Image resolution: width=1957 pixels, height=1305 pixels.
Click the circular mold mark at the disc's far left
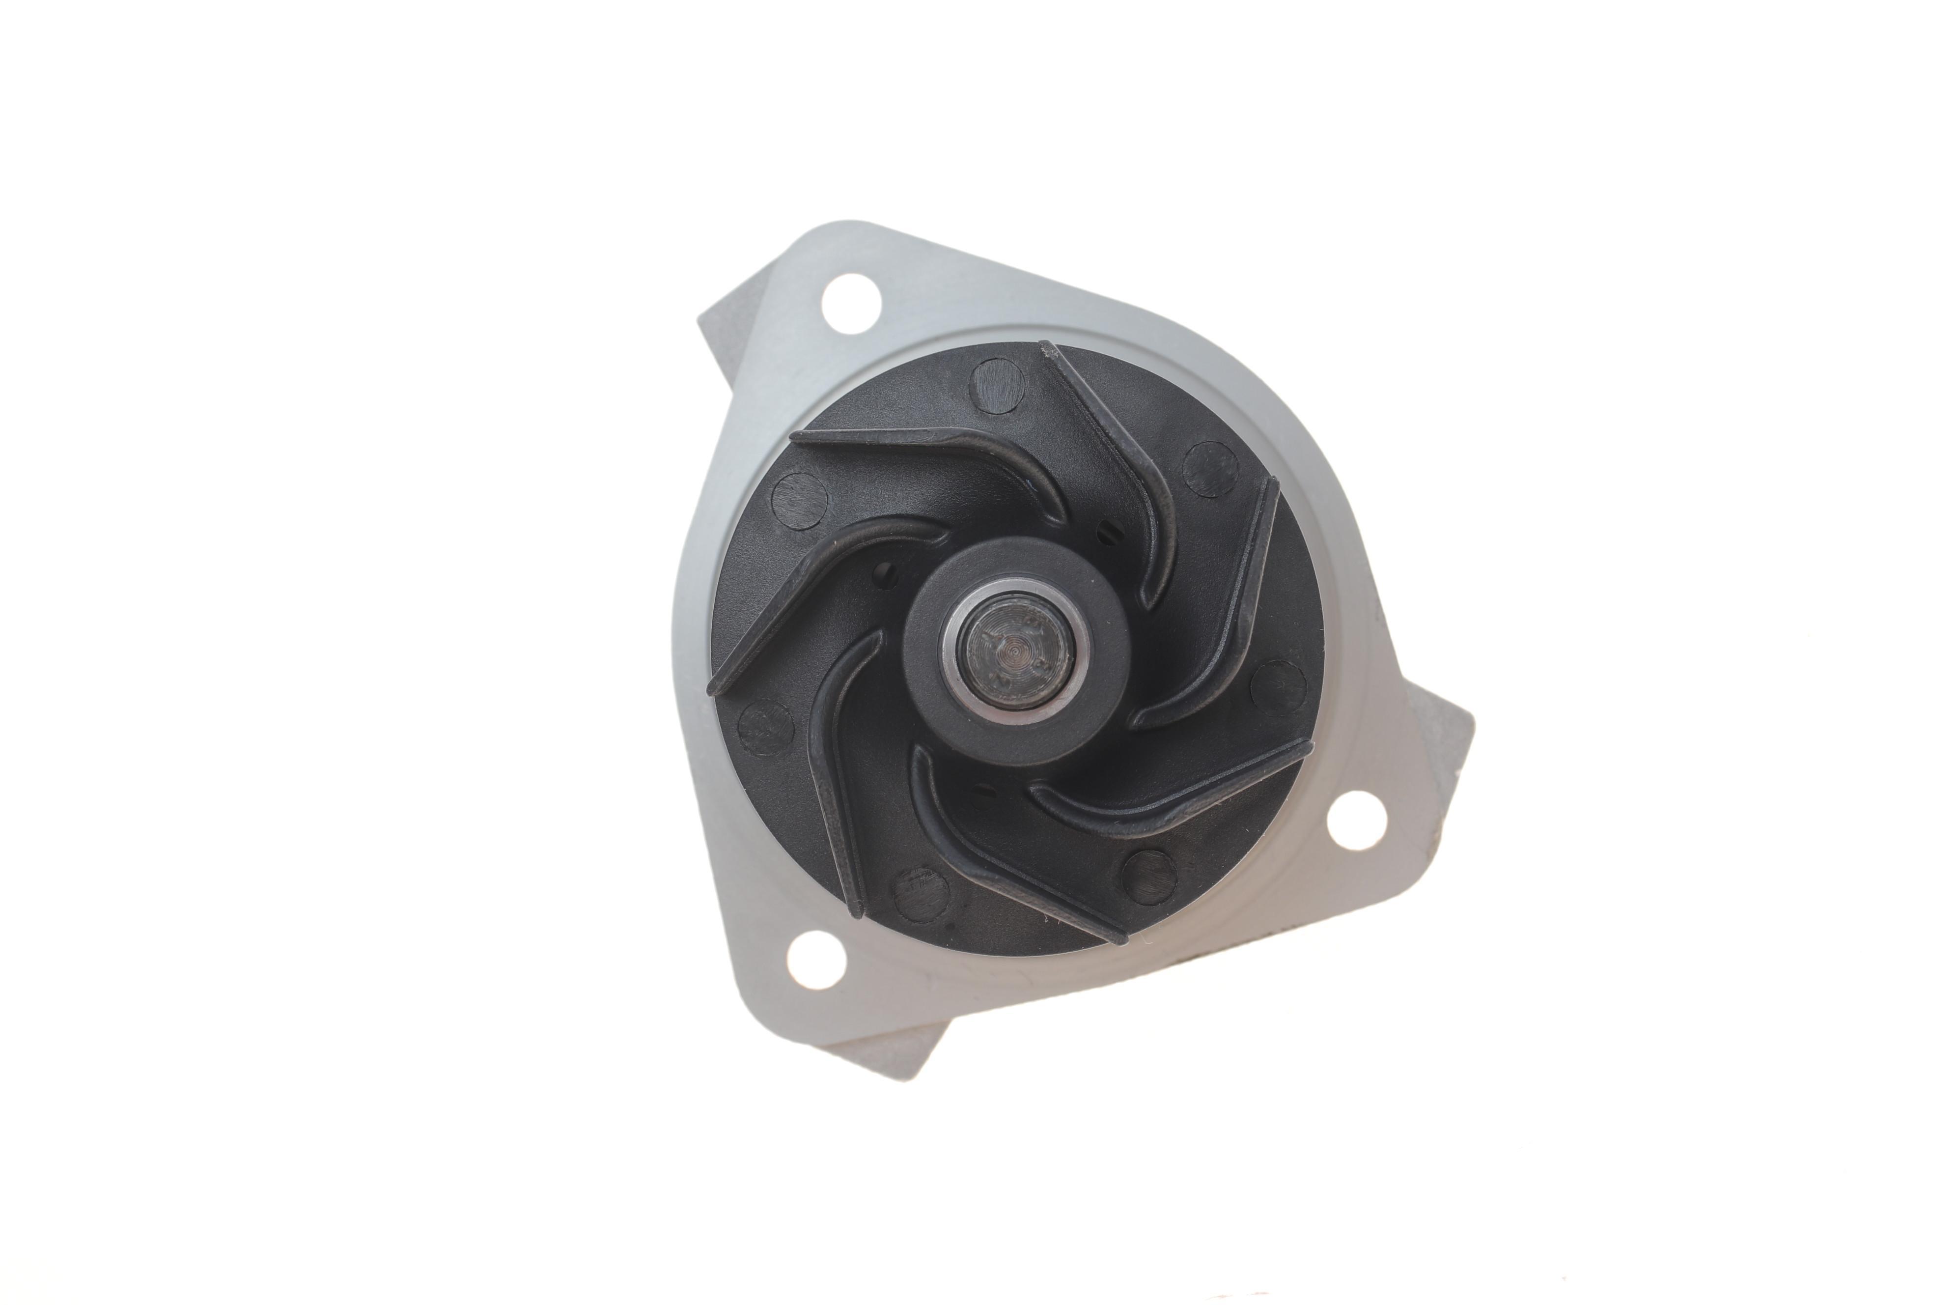pyautogui.click(x=799, y=502)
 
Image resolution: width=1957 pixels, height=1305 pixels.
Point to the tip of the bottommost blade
pyautogui.click(x=1119, y=936)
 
